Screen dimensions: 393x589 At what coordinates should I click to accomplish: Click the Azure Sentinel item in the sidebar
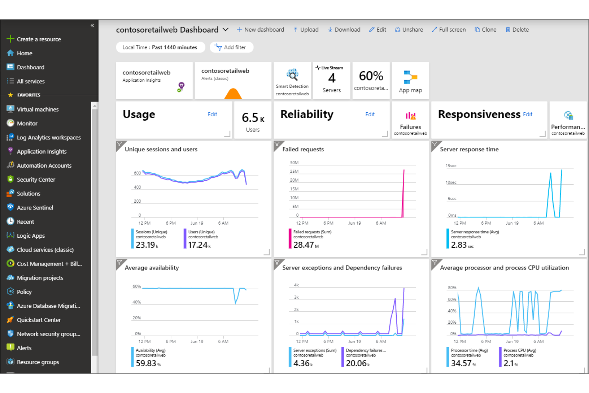click(35, 207)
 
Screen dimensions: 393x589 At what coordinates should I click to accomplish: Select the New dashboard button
click(260, 29)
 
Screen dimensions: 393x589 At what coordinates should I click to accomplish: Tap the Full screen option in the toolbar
click(449, 29)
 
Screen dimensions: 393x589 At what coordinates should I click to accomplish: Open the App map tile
click(410, 80)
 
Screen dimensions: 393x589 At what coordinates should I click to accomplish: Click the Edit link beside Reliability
click(370, 114)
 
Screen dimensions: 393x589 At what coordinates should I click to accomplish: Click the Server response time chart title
click(469, 149)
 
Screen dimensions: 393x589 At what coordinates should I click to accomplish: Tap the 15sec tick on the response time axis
click(451, 166)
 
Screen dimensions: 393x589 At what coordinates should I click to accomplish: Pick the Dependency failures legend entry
click(365, 350)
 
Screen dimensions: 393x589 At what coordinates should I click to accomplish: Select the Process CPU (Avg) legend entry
click(519, 350)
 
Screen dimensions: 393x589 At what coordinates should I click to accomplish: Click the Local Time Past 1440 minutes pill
click(160, 47)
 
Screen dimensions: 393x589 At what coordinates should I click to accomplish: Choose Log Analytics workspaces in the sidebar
click(49, 137)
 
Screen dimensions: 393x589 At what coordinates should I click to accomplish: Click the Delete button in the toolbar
click(517, 29)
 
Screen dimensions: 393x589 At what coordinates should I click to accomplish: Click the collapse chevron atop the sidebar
click(92, 25)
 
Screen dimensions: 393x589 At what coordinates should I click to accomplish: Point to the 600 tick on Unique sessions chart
click(137, 173)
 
